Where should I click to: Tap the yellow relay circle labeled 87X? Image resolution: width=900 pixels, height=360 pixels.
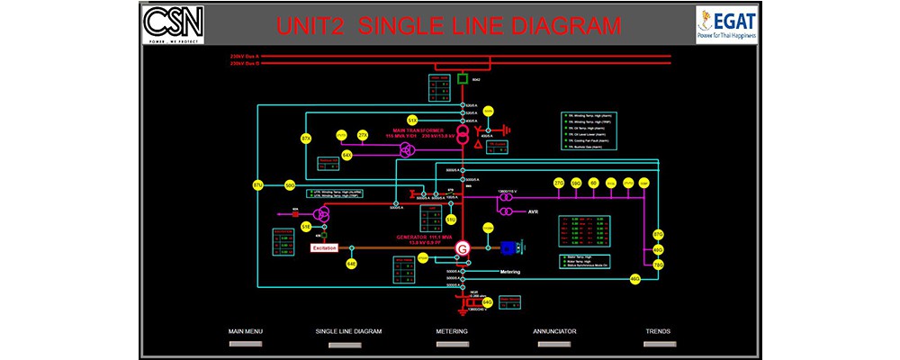(306, 139)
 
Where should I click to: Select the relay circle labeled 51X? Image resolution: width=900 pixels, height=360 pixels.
(411, 120)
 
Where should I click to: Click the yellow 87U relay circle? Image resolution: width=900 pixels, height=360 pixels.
(257, 186)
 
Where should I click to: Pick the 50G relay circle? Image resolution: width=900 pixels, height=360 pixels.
(290, 185)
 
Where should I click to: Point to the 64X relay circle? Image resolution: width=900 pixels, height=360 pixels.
(346, 155)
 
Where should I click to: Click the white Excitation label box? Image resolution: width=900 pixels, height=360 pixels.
(324, 247)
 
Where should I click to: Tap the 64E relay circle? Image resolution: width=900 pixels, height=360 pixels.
(352, 264)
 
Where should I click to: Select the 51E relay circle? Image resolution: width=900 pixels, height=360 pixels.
(306, 226)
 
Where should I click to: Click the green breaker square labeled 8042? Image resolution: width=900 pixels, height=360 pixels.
(462, 80)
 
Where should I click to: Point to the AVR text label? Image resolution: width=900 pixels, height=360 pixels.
(533, 211)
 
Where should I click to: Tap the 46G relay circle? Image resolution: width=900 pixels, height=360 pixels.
(634, 279)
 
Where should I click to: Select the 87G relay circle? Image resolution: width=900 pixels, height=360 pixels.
(658, 235)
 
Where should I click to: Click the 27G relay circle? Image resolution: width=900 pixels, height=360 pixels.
(558, 183)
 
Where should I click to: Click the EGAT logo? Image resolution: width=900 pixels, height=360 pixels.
(726, 25)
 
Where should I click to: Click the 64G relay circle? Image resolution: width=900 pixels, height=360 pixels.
(487, 302)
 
